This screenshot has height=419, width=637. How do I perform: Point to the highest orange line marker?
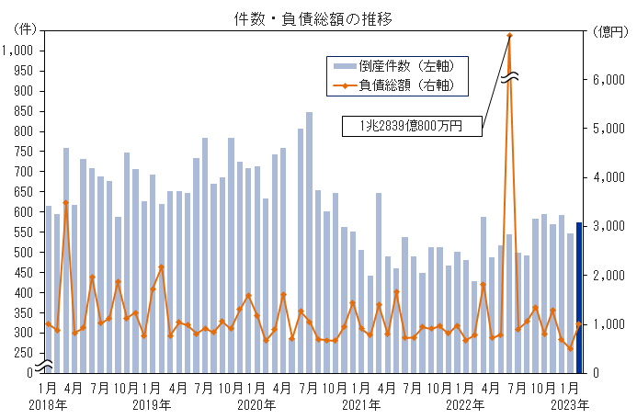[x=509, y=36]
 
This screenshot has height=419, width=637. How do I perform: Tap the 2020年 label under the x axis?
[x=256, y=404]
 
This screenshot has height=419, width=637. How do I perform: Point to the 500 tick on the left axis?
[x=22, y=252]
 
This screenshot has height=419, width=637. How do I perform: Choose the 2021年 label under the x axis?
[x=361, y=404]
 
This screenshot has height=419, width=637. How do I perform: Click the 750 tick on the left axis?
[x=22, y=152]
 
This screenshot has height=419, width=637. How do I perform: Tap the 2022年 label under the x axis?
[x=465, y=404]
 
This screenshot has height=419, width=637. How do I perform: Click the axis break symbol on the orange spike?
[x=509, y=77]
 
